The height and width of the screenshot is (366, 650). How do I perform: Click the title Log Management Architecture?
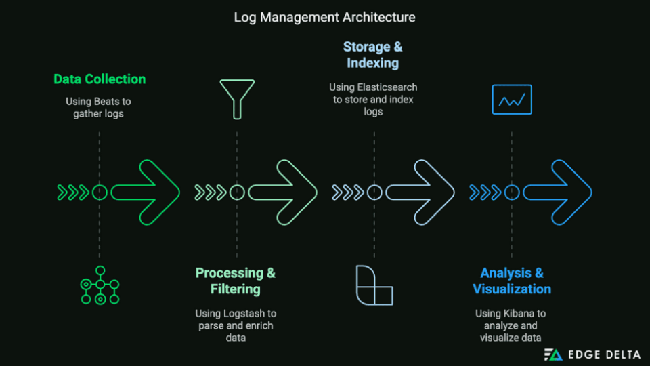click(324, 16)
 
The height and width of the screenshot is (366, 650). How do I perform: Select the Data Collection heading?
click(100, 79)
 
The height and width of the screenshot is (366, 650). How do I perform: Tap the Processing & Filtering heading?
click(235, 281)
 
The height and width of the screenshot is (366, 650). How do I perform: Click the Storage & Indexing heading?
click(372, 55)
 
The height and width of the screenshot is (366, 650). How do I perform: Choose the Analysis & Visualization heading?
click(511, 281)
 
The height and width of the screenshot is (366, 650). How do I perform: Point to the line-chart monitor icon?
click(512, 100)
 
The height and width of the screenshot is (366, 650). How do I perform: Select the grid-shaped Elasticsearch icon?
click(374, 285)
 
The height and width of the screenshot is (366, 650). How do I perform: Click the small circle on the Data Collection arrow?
click(100, 192)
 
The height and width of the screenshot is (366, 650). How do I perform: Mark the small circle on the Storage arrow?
click(374, 192)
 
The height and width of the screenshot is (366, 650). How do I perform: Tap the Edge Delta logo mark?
click(552, 354)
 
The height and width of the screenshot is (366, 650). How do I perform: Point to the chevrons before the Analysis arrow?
click(484, 192)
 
